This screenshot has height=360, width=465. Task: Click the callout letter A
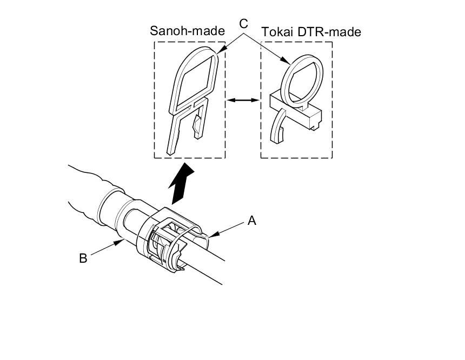pyautogui.click(x=251, y=220)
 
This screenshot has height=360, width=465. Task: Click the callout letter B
pyautogui.click(x=83, y=258)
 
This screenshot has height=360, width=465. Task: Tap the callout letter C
pyautogui.click(x=243, y=23)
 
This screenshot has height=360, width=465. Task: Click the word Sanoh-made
pyautogui.click(x=187, y=31)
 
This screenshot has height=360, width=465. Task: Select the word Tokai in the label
pyautogui.click(x=277, y=32)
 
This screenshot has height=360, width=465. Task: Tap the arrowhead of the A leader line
pyautogui.click(x=212, y=234)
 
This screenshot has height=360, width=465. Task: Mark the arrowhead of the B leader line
pyautogui.click(x=121, y=242)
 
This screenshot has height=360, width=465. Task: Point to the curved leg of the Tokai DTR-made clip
pyautogui.click(x=279, y=127)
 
